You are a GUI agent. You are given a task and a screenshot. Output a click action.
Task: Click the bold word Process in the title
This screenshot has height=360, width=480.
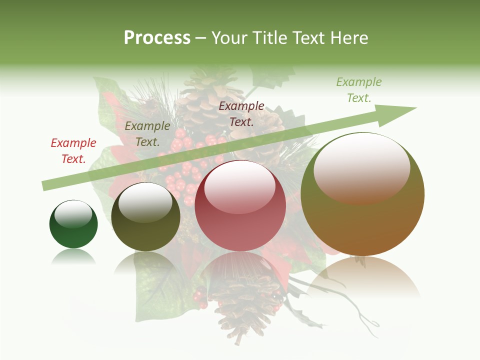pos(157,38)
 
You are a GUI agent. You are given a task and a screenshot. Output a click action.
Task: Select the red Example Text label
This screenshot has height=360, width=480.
pos(73,150)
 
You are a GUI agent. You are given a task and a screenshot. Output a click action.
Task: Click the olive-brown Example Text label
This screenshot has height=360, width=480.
pos(147,134)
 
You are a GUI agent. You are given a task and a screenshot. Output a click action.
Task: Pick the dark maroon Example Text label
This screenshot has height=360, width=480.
pos(241,113)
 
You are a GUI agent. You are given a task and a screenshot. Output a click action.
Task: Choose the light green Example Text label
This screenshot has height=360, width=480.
pos(358,90)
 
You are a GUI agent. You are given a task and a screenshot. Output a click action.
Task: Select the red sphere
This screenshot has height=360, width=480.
pos(240,220)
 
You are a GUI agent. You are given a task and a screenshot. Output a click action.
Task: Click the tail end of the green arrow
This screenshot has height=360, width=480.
pos(46,185)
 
